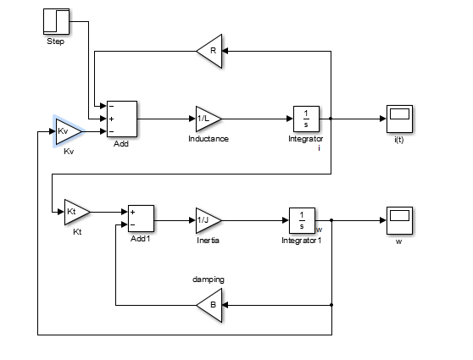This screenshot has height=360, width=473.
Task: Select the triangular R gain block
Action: (x=209, y=50)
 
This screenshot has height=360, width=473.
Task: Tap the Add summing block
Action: (x=121, y=119)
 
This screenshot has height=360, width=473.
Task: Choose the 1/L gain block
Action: (x=207, y=119)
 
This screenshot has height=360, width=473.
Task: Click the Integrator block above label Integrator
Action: (x=305, y=119)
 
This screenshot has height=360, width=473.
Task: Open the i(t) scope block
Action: (x=398, y=119)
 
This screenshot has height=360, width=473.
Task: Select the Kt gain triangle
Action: (x=75, y=212)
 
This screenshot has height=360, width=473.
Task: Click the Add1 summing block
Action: (x=140, y=219)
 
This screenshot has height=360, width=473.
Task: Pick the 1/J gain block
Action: (x=207, y=219)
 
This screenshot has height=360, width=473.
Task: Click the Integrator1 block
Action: (x=302, y=219)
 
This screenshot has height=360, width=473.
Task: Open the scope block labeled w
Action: (x=398, y=219)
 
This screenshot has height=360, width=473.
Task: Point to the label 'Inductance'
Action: (x=209, y=138)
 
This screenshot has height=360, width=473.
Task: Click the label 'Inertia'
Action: (x=208, y=240)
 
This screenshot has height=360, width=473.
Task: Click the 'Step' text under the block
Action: (x=55, y=42)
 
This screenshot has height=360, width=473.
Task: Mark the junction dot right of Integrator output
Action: (x=331, y=119)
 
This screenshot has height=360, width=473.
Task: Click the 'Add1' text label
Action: (x=140, y=240)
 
